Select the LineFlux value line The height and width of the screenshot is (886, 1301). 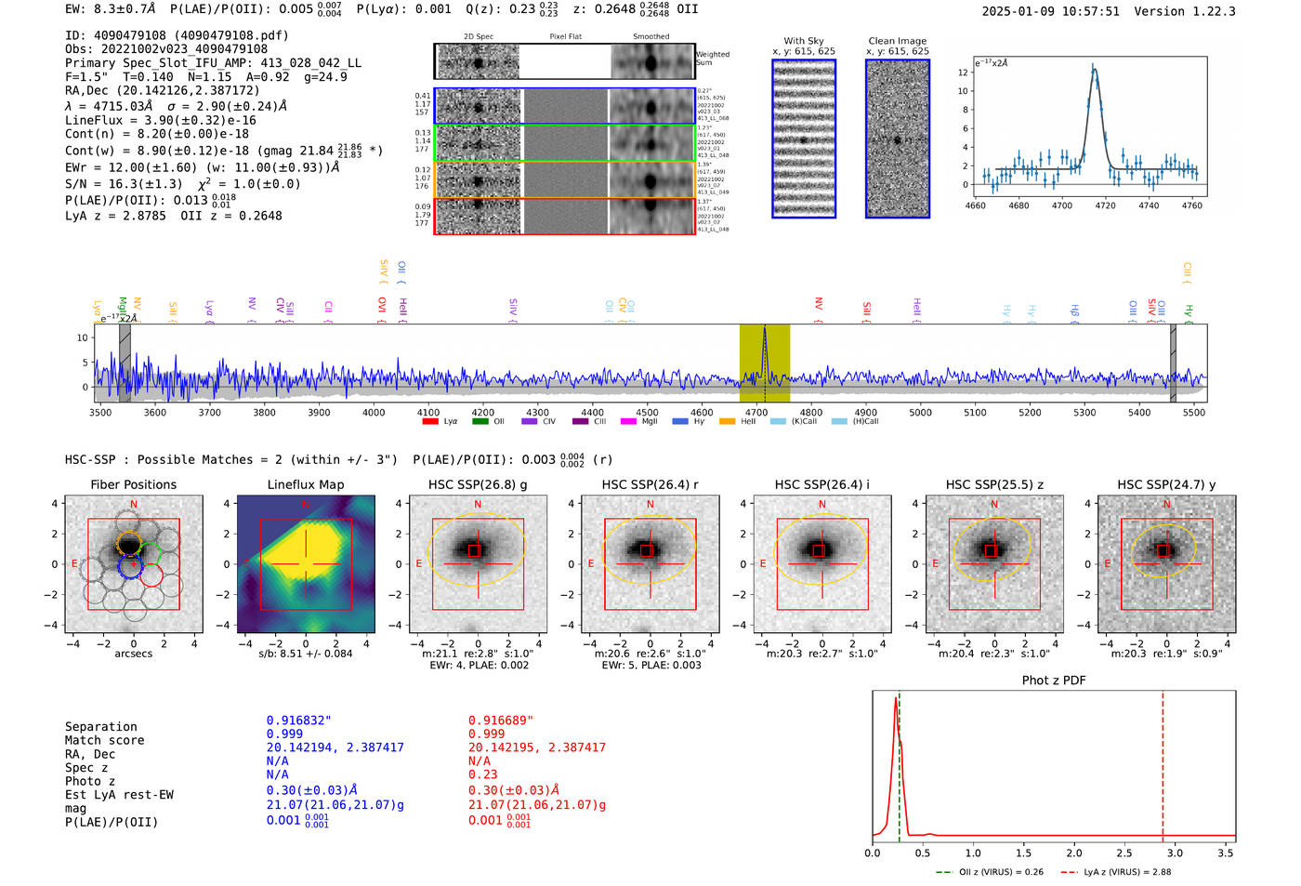point(161,120)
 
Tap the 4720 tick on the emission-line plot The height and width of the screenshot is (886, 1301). point(1105,205)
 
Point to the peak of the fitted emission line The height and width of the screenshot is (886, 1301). point(1094,67)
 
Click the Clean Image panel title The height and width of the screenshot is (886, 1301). point(897,41)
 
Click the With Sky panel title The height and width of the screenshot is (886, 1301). point(803,41)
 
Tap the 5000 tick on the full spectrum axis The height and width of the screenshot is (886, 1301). point(920,412)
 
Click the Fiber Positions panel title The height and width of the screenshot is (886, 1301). point(133,484)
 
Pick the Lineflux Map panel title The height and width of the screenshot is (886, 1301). point(305,484)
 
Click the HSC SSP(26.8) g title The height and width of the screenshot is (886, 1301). point(478,484)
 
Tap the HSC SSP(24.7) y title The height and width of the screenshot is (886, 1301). point(1165,484)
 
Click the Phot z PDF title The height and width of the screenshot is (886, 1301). point(1053,681)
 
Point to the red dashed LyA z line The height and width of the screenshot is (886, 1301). point(1163,762)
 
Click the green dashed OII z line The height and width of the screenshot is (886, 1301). point(900,762)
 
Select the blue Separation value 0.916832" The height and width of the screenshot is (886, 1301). point(298,721)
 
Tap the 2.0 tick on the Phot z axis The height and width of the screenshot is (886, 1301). point(1074,853)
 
